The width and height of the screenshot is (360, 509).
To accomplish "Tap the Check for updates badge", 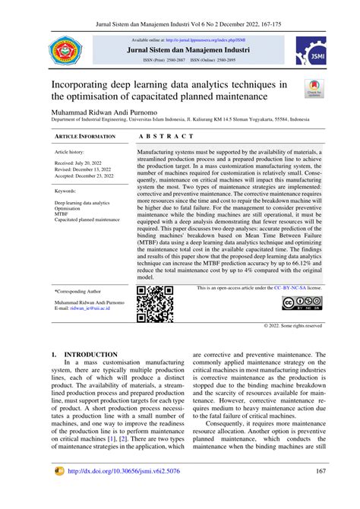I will click(313, 89).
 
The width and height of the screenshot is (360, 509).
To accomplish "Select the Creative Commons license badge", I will click(302, 304).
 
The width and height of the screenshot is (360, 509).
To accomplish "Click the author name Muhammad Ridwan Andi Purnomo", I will click(107, 111).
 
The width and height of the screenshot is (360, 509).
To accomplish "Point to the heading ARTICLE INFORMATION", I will click(86, 136).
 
